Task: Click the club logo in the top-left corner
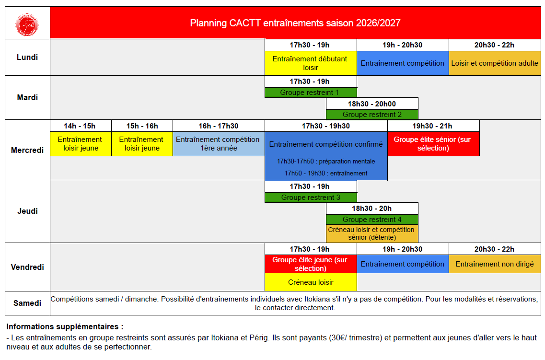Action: point(27,24)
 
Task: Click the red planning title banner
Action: point(295,23)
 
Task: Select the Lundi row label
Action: point(27,58)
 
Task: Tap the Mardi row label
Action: point(27,98)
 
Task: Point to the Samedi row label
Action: point(27,303)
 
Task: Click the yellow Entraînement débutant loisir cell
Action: point(311,63)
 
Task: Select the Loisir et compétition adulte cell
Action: point(495,63)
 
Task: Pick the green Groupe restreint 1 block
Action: point(311,93)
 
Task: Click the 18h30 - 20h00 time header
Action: point(372,104)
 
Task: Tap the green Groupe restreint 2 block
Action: point(372,115)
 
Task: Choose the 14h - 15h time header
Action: point(81,126)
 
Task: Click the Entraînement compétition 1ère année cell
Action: point(219,144)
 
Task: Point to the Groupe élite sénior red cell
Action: point(433,144)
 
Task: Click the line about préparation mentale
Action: point(326,161)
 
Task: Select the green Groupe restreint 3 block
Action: point(311,197)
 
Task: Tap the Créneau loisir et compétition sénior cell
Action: point(372,233)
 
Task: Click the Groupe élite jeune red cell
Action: point(311,264)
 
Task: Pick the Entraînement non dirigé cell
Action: point(495,264)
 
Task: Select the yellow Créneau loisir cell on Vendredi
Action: point(311,282)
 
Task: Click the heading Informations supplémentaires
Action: point(65,326)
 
